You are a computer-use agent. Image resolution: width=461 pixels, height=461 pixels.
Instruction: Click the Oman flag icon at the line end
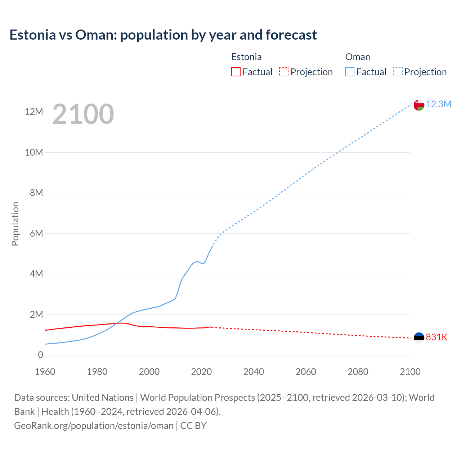click(x=419, y=105)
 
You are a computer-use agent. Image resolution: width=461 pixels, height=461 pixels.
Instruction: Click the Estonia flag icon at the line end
click(x=419, y=337)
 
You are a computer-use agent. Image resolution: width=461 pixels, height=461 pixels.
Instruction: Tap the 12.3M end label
click(x=439, y=104)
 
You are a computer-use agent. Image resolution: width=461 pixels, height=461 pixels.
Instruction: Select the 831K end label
click(x=437, y=337)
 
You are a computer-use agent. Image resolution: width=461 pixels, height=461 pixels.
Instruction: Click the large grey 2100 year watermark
click(x=83, y=114)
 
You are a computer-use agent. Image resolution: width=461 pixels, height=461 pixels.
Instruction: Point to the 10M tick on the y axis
click(x=34, y=152)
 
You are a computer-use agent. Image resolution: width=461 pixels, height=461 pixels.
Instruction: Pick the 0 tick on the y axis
click(x=40, y=355)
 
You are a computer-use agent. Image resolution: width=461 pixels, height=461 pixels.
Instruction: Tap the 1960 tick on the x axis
click(x=45, y=372)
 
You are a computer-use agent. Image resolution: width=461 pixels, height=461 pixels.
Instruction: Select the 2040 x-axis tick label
click(x=254, y=372)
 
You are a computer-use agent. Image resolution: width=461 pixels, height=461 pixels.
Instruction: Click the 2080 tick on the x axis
click(x=358, y=372)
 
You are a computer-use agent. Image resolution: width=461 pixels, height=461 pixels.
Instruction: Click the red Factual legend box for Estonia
click(x=236, y=72)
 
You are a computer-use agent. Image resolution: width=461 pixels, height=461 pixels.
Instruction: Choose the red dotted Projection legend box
click(x=284, y=72)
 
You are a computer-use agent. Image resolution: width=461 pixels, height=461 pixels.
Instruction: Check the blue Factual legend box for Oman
click(x=350, y=72)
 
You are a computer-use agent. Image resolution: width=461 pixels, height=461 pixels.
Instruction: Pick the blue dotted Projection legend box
click(x=398, y=72)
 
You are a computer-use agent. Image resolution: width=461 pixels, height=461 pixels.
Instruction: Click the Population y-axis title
click(x=15, y=224)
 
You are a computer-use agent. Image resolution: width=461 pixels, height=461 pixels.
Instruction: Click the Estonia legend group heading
click(x=246, y=57)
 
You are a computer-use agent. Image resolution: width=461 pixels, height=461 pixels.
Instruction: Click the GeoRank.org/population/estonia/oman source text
click(x=94, y=426)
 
